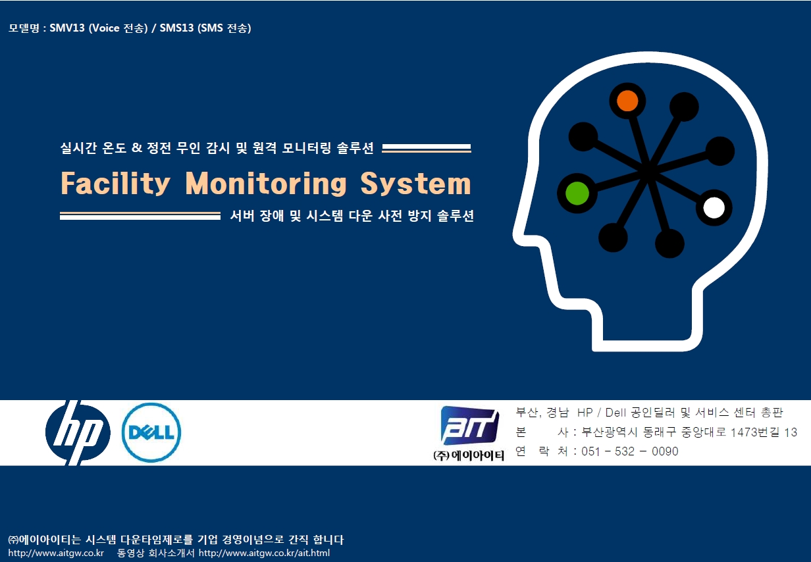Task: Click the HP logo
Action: pos(78,432)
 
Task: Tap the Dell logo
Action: pos(151,432)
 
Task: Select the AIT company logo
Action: pos(469,425)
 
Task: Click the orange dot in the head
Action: pos(627,101)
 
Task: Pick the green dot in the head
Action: pos(577,193)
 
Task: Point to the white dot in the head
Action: pos(714,208)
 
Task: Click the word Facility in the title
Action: pos(115,184)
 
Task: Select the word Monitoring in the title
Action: pos(266,183)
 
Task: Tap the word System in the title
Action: pos(415,184)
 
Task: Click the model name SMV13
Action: pos(67,28)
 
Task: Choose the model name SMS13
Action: pos(176,28)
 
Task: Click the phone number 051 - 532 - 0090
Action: pos(629,451)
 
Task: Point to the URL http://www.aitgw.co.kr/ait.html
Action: pos(265,553)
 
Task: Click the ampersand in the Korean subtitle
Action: pos(136,147)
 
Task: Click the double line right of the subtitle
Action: pos(427,148)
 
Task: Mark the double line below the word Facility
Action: pos(140,216)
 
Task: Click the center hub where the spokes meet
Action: pos(648,170)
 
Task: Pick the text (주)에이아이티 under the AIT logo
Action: pos(469,455)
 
